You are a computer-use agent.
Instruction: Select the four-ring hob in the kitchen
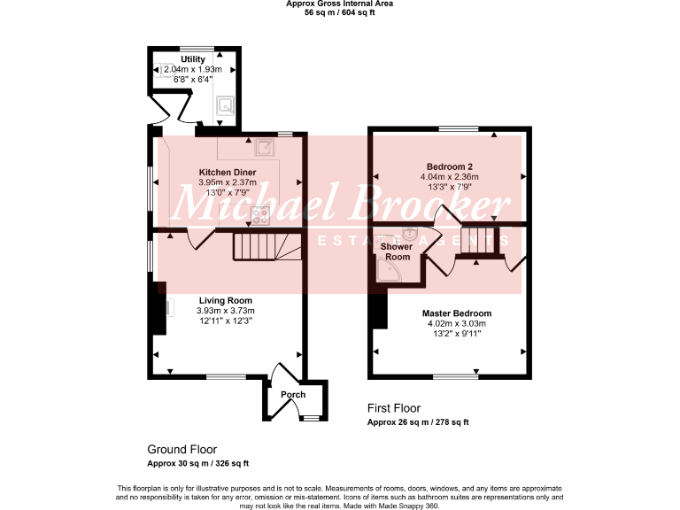(x=259, y=212)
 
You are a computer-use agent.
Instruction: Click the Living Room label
(x=225, y=300)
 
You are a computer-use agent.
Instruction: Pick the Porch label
(x=292, y=395)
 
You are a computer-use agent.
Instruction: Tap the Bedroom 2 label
(x=451, y=166)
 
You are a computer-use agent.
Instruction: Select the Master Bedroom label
(x=457, y=313)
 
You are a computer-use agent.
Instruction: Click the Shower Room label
(x=397, y=251)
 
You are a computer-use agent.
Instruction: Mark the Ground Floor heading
(x=182, y=450)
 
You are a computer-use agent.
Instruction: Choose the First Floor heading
(x=394, y=408)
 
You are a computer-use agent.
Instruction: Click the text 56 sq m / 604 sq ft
(x=340, y=13)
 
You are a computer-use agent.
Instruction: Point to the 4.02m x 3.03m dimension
(x=457, y=324)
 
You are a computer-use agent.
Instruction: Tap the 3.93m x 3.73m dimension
(x=225, y=311)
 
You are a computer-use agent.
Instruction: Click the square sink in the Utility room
(x=225, y=106)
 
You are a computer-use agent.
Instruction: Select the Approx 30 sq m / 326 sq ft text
(x=197, y=464)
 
